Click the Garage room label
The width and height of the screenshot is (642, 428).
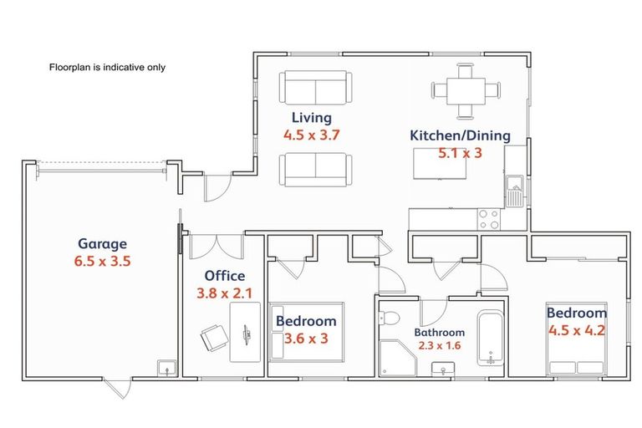click(102, 244)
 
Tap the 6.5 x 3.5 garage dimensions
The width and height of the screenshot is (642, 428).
click(102, 262)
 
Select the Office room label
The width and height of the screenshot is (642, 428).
click(225, 276)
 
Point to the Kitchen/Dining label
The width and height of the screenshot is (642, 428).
click(461, 135)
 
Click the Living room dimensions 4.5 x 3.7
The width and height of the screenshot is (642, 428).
click(312, 135)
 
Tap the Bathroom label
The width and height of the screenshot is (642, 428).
click(440, 332)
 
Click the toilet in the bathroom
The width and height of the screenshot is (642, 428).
click(389, 318)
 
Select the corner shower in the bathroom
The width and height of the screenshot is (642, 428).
click(397, 358)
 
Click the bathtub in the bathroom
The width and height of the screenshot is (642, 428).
click(491, 339)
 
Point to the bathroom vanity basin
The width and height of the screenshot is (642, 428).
click(443, 369)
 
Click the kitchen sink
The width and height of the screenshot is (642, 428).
click(514, 191)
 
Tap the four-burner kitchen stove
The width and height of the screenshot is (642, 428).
click(489, 219)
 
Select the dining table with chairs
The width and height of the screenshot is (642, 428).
click(466, 91)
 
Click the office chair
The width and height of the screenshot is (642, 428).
click(214, 338)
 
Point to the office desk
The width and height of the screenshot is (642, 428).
click(245, 332)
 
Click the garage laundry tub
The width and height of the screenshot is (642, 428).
click(167, 368)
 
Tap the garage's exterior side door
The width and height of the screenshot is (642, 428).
click(118, 388)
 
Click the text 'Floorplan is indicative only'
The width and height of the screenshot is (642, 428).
click(107, 67)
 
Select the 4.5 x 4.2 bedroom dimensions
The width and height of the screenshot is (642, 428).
click(577, 330)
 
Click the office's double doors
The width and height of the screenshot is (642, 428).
click(217, 247)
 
